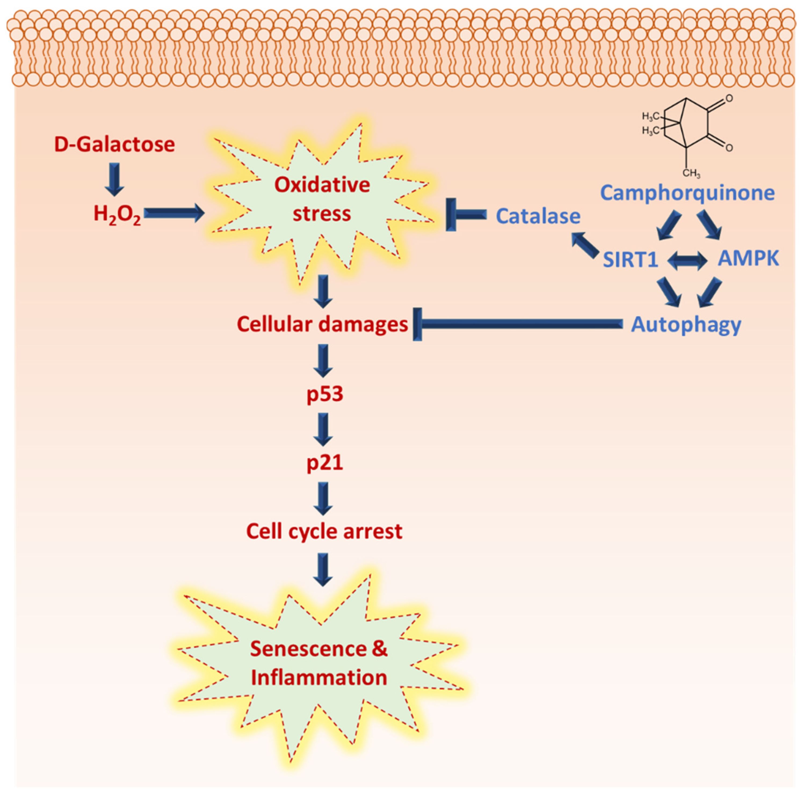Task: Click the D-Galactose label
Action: point(114,145)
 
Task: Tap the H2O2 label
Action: point(117,214)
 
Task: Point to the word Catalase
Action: point(538,216)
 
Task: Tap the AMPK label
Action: point(748,259)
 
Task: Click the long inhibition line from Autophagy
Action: point(520,324)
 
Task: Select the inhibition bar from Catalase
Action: point(465,214)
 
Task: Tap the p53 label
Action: point(325,394)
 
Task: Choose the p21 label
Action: point(325,462)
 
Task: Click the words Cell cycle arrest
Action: point(324,531)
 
